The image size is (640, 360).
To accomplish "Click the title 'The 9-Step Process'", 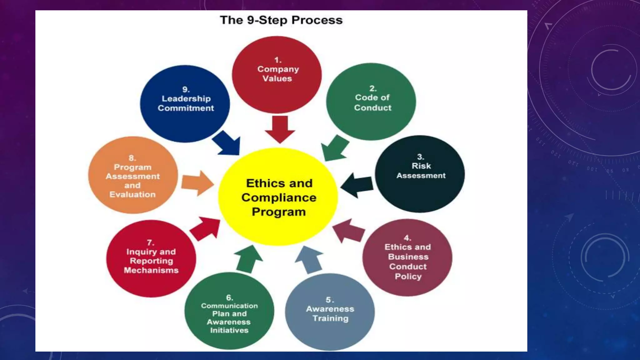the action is (x=281, y=20).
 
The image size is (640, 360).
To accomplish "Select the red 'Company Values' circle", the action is (x=277, y=74).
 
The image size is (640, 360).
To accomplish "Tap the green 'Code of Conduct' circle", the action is (x=371, y=102).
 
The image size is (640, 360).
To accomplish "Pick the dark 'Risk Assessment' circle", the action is (x=420, y=174).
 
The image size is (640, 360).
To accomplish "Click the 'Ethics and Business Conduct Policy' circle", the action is (x=407, y=257).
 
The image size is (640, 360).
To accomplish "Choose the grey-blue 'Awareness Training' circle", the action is (x=330, y=312).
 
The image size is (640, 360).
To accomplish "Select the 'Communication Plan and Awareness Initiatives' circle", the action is (x=229, y=311).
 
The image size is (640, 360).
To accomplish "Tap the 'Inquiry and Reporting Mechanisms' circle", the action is (x=151, y=258).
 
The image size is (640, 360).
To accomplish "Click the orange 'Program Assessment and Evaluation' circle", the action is (x=133, y=175).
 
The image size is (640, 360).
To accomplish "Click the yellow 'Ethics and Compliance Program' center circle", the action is (x=278, y=197).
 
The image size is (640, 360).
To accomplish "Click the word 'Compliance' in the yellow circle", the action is (x=279, y=197).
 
